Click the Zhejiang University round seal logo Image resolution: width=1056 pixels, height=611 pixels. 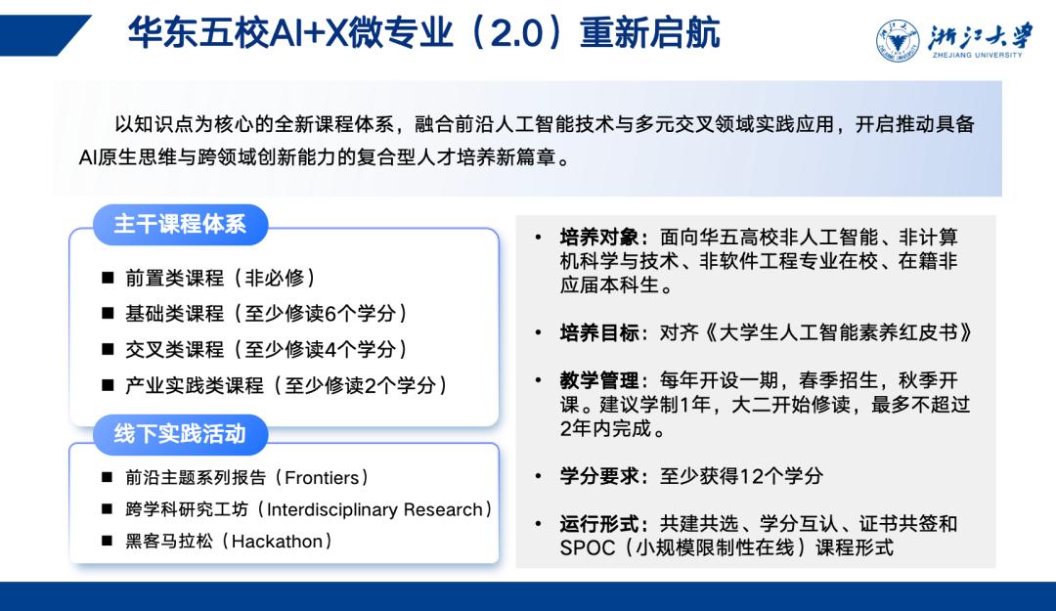pos(898,40)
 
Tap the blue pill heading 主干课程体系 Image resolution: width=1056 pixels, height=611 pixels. pos(180,224)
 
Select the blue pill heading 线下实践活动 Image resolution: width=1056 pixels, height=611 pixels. pos(180,434)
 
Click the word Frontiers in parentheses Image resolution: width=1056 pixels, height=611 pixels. pos(322,478)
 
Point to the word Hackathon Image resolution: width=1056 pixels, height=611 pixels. pos(277,541)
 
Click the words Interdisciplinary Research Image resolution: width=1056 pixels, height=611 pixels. pos(375,509)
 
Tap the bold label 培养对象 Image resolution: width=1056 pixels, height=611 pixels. pos(598,238)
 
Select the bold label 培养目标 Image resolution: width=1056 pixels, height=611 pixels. pos(598,332)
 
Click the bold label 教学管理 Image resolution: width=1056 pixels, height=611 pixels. pos(598,380)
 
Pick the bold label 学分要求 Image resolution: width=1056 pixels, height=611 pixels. pos(598,476)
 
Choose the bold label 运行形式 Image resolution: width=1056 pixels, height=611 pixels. pos(598,523)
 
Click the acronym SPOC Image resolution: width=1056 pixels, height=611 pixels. pos(588,547)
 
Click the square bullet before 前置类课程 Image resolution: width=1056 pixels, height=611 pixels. pos(108,278)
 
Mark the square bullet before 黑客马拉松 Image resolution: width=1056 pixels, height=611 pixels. pos(108,541)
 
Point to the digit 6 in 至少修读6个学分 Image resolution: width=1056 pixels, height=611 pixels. pos(330,314)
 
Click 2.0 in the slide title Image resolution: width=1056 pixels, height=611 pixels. pos(516,34)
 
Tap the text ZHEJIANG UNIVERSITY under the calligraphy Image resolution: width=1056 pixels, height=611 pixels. pos(977,56)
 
